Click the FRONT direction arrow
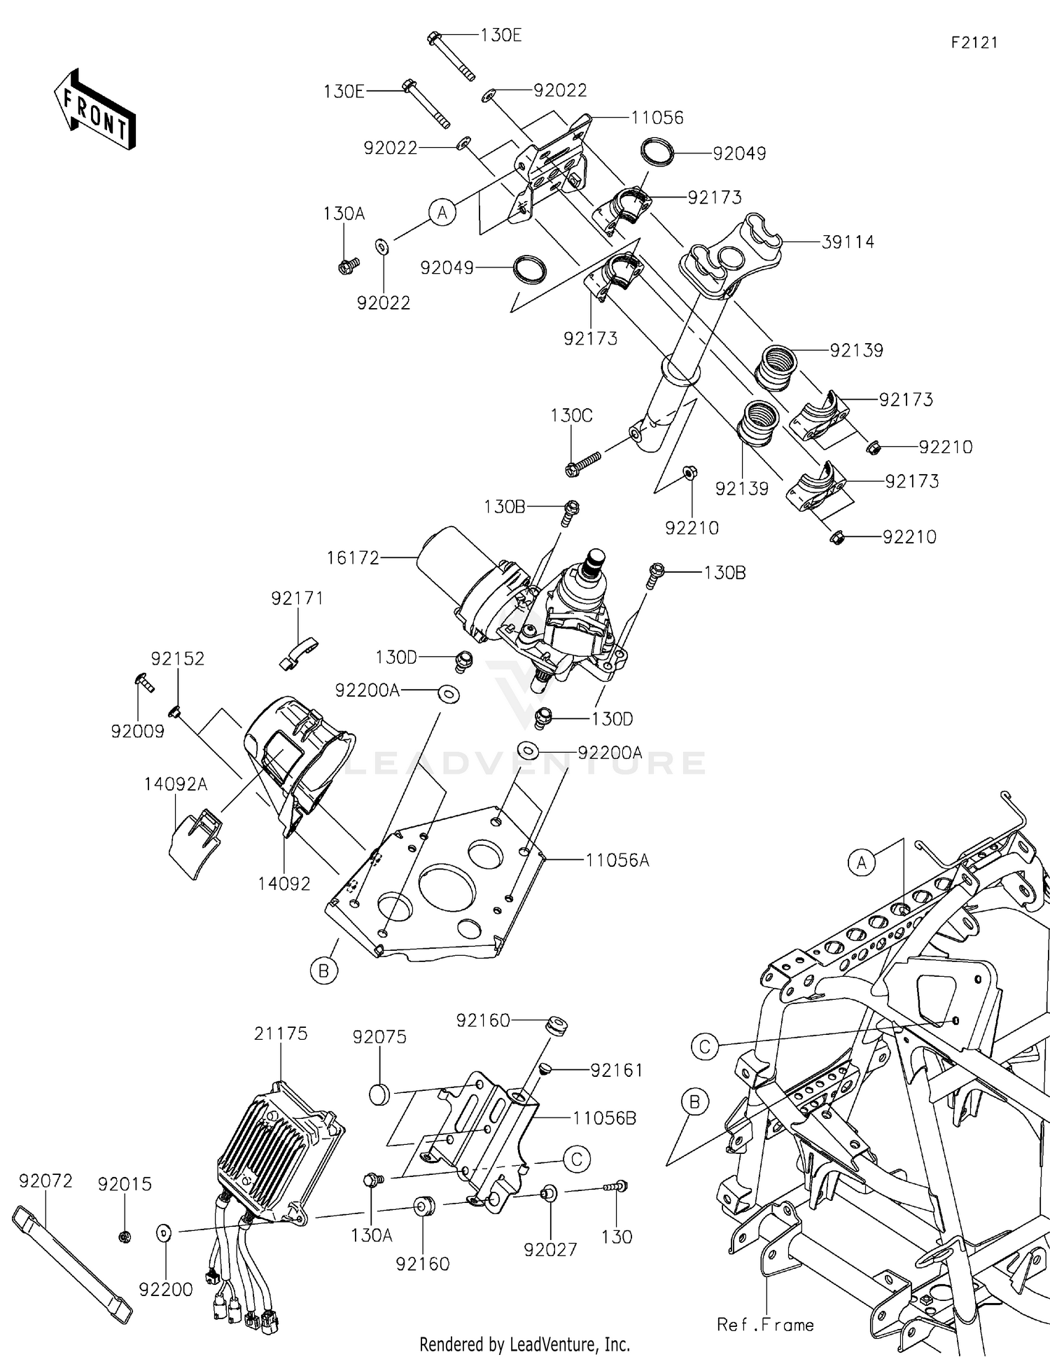94,110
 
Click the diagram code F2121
974,43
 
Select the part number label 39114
848,242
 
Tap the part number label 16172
353,558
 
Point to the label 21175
281,1034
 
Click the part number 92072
45,1181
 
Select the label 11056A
617,860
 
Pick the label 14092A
176,784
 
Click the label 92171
297,599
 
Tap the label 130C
571,415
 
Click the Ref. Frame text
765,1325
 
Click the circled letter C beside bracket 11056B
576,1160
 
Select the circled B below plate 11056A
324,971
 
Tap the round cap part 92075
379,1095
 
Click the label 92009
137,732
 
